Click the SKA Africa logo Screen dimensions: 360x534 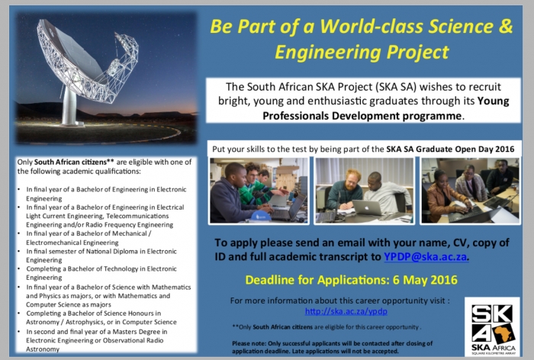(494, 326)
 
